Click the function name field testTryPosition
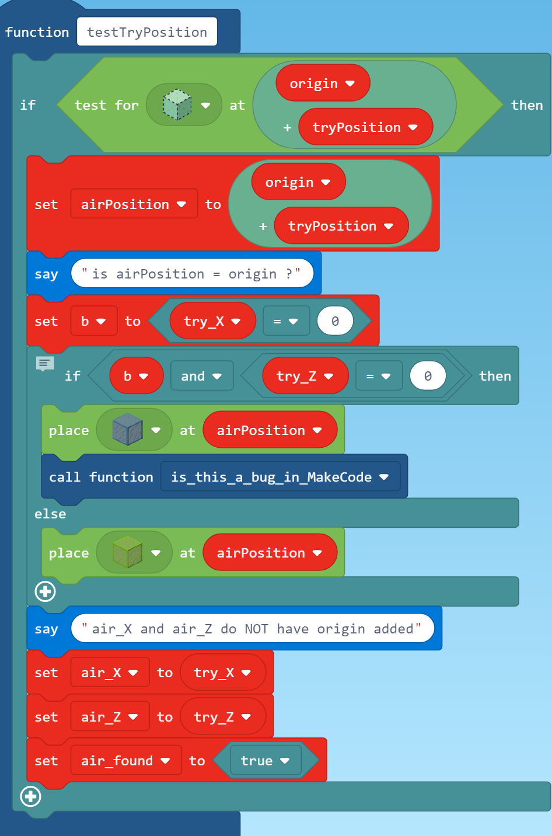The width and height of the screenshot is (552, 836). [146, 32]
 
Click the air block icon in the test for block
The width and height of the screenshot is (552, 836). [177, 105]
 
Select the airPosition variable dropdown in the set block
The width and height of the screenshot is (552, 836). [134, 204]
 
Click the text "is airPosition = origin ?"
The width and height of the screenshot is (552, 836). [191, 274]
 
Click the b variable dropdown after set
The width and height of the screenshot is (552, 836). [93, 321]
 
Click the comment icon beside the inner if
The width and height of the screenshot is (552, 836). [45, 364]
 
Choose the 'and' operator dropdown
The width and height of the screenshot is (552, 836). [201, 376]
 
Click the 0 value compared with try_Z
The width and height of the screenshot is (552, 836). [428, 376]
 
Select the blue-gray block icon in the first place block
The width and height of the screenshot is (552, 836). [127, 430]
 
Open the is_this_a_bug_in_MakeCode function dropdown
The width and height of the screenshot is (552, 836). [280, 477]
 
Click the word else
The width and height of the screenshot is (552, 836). [50, 514]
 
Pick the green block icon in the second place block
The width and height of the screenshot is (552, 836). [127, 553]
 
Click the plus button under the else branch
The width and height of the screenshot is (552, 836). [45, 591]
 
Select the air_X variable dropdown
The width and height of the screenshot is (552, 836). [109, 673]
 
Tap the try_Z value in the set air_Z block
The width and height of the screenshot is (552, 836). [222, 717]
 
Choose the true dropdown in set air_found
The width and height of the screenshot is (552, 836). [265, 761]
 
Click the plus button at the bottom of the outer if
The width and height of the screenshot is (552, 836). [30, 796]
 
